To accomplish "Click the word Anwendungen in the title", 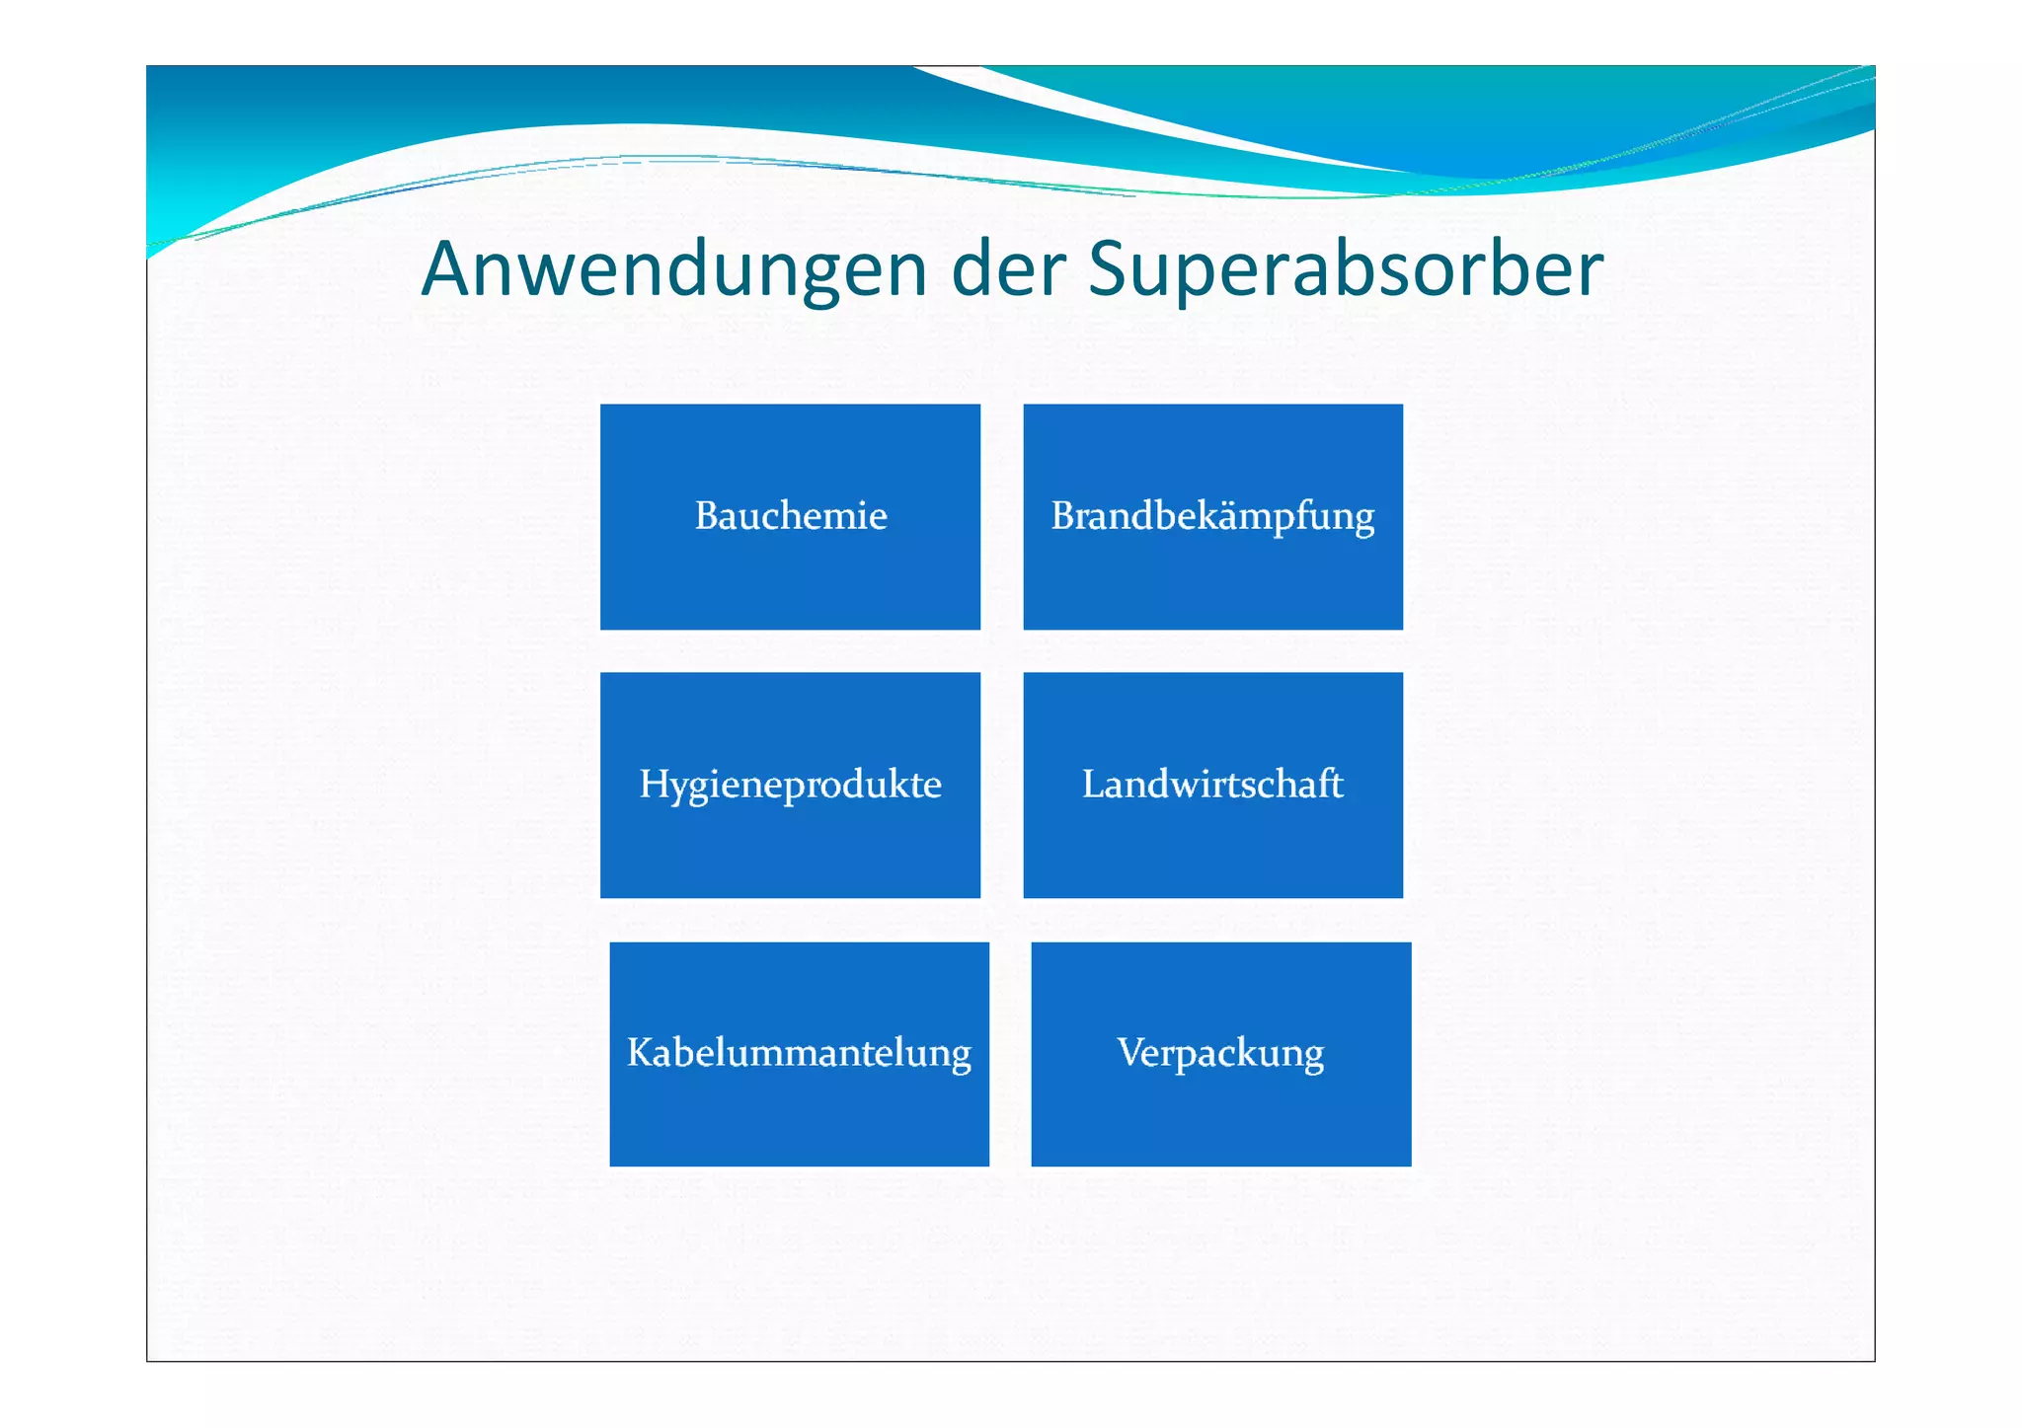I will pyautogui.click(x=673, y=269).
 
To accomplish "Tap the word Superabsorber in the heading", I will pyautogui.click(x=1345, y=269).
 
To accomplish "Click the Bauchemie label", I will pyautogui.click(x=791, y=516).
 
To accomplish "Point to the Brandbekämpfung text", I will pyautogui.click(x=1212, y=517).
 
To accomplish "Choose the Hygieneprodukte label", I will pyautogui.click(x=791, y=786).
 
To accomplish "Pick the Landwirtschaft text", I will pyautogui.click(x=1212, y=785).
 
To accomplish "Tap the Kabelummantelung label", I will pyautogui.click(x=799, y=1054).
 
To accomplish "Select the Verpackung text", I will pyautogui.click(x=1220, y=1054).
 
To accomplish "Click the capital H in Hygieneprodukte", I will pyautogui.click(x=654, y=785).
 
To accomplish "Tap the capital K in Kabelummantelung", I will pyautogui.click(x=640, y=1053).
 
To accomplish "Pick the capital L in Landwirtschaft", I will pyautogui.click(x=1093, y=785).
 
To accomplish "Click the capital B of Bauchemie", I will pyautogui.click(x=706, y=516).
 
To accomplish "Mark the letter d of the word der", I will pyautogui.click(x=972, y=269).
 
